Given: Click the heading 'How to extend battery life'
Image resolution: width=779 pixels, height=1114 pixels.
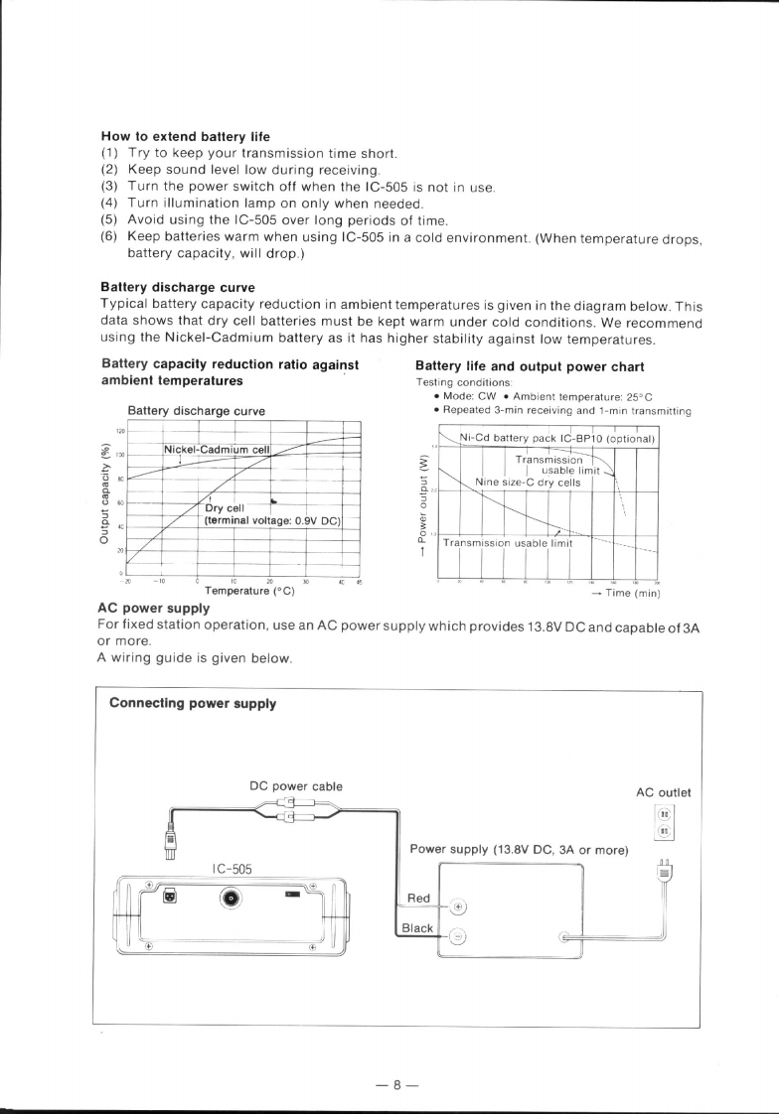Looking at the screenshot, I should [x=186, y=136].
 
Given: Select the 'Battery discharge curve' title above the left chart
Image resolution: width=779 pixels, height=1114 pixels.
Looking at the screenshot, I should [x=197, y=410].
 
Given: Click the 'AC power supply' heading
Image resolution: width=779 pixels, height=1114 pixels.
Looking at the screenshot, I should [x=153, y=608].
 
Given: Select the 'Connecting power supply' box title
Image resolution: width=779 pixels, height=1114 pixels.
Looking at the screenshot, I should [x=192, y=704].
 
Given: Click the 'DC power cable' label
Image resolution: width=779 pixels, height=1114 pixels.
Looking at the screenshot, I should [x=296, y=786].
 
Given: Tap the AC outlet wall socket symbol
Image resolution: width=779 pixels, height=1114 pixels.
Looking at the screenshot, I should [x=664, y=821].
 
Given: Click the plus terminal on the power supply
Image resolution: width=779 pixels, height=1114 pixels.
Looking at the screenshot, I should [x=458, y=906].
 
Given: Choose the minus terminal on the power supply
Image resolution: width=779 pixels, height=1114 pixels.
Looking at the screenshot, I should [x=458, y=935].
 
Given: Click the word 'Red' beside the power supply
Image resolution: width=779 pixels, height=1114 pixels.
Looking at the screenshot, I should [x=419, y=899].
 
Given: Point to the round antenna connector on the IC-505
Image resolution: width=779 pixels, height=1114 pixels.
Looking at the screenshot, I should [x=232, y=899].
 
